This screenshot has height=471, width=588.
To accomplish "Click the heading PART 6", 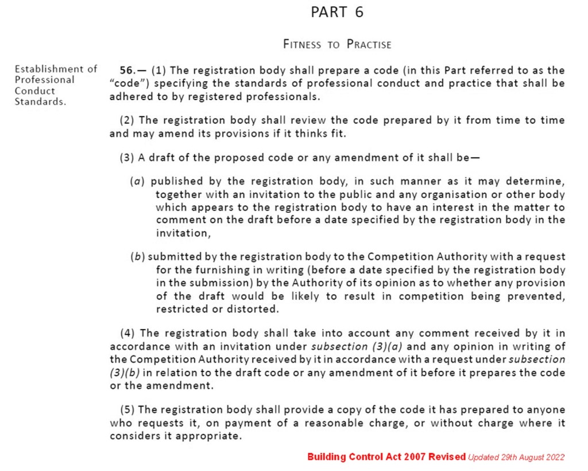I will pyautogui.click(x=337, y=13).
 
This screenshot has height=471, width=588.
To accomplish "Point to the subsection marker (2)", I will pyautogui.click(x=127, y=120).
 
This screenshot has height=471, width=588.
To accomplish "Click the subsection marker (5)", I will pyautogui.click(x=127, y=409).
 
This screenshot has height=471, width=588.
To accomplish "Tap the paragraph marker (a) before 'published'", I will pyautogui.click(x=137, y=181).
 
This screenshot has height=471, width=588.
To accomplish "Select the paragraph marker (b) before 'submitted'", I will pyautogui.click(x=137, y=256).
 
